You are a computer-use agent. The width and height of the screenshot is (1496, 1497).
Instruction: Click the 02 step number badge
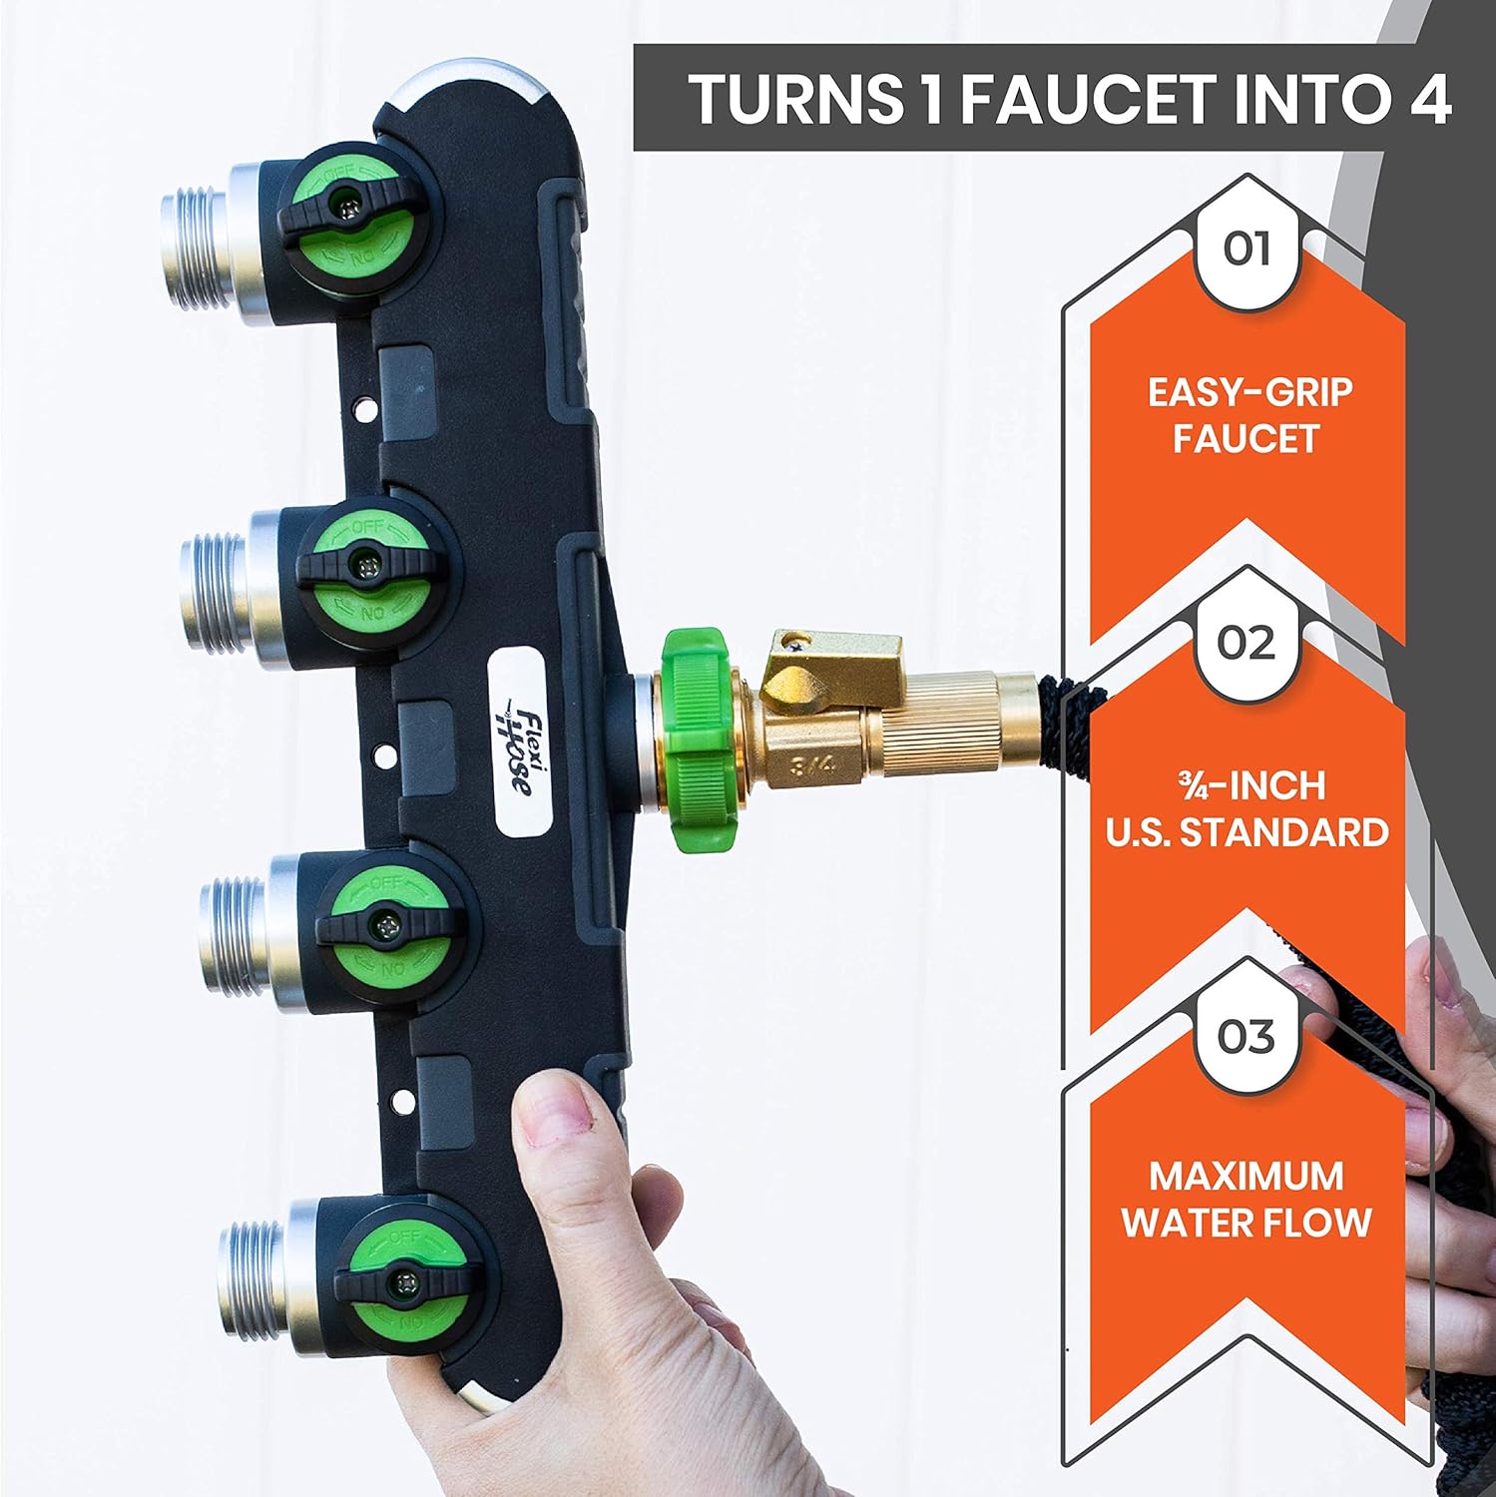[1247, 644]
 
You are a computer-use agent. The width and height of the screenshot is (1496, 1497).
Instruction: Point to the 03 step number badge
[1247, 1037]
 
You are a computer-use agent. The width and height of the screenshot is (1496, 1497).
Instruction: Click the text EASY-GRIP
[1249, 392]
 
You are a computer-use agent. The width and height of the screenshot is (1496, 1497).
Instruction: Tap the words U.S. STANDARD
[1247, 831]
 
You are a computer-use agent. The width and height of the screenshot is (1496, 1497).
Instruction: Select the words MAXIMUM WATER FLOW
[1247, 1199]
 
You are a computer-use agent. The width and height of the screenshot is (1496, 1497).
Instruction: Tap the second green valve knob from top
[367, 565]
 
